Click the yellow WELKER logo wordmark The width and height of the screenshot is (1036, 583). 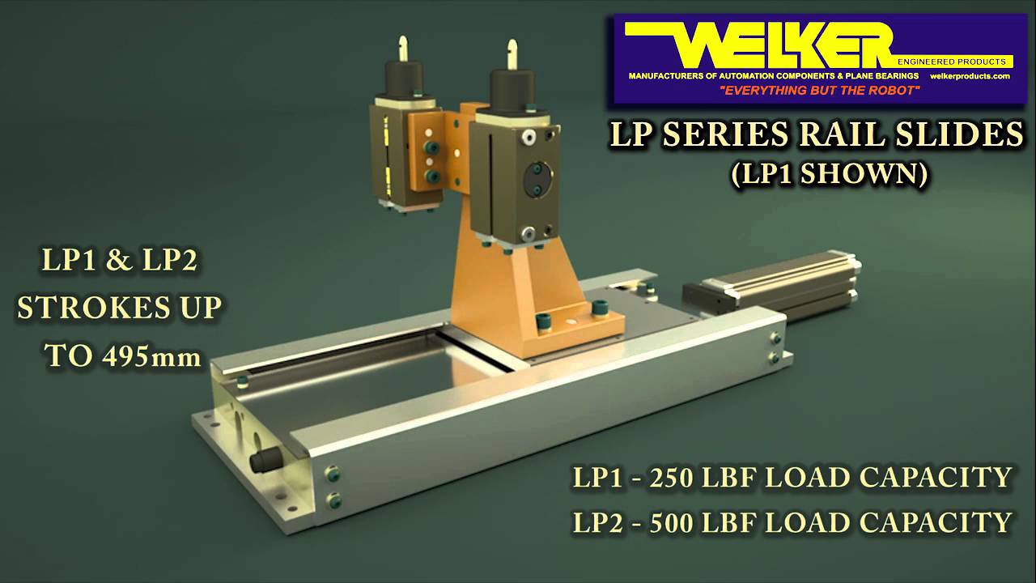(x=777, y=45)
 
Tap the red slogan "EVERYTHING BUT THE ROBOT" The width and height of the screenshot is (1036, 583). (x=819, y=91)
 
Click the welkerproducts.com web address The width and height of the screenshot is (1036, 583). (x=970, y=76)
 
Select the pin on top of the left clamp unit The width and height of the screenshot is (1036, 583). (x=402, y=50)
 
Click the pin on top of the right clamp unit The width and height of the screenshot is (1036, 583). (x=512, y=53)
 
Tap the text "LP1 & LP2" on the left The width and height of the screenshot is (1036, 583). (x=120, y=261)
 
